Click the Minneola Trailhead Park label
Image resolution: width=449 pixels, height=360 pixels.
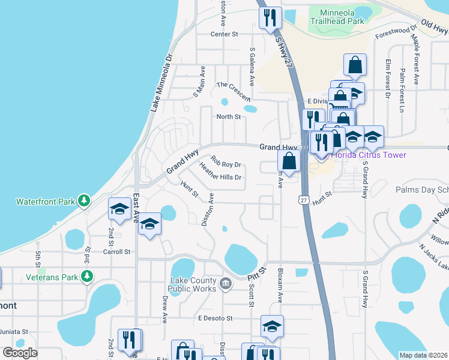click(337, 16)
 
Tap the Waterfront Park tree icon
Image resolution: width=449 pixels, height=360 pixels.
click(85, 200)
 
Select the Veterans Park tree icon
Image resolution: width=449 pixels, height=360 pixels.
click(88, 276)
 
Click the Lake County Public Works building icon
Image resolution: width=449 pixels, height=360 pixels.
click(225, 283)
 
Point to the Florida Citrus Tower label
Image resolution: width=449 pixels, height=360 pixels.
click(369, 155)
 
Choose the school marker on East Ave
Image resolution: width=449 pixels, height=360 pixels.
click(149, 224)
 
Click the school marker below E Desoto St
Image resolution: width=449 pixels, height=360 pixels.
click(272, 326)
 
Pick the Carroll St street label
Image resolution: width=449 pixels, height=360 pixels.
click(119, 252)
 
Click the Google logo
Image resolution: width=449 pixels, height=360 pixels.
click(20, 353)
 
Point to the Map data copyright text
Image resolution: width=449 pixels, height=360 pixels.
click(423, 355)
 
